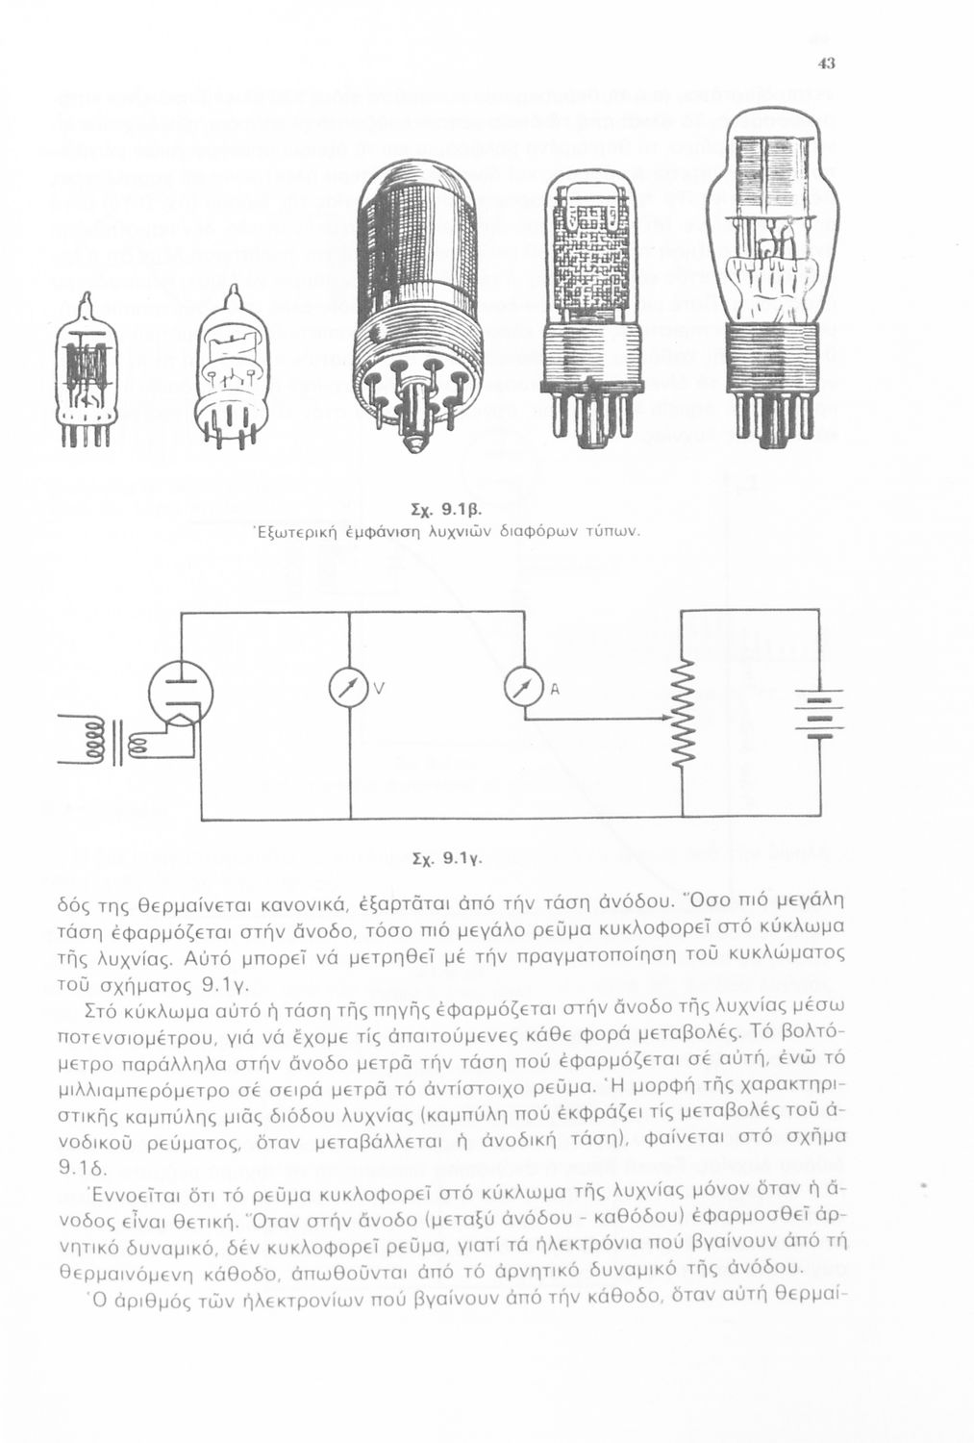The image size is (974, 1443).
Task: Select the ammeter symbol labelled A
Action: [520, 689]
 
